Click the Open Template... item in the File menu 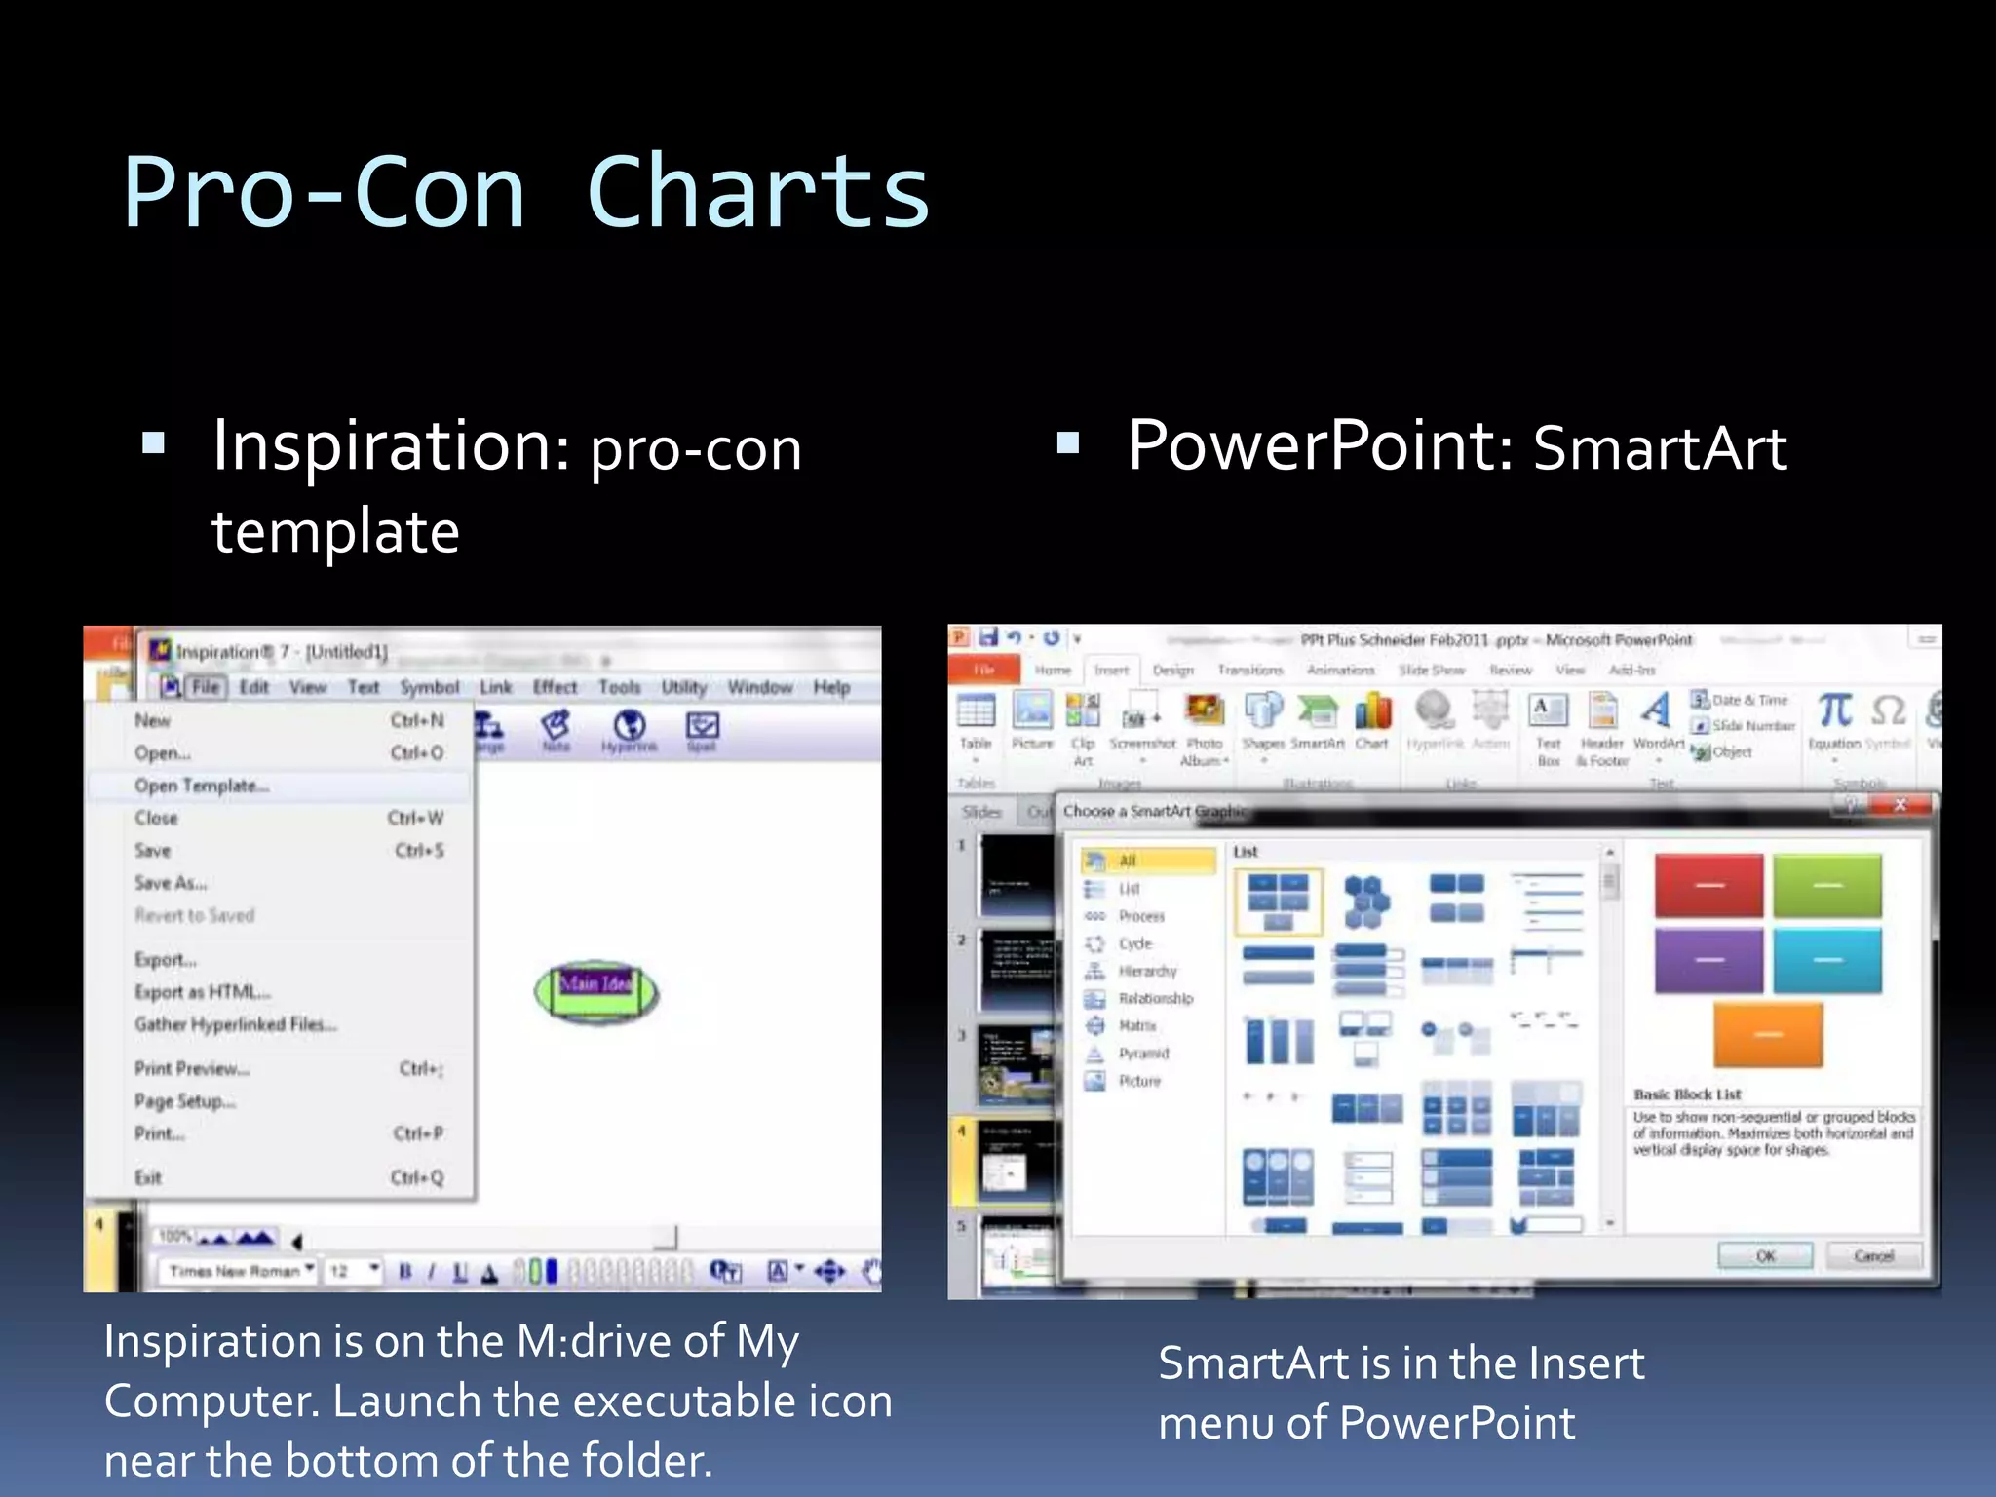[201, 786]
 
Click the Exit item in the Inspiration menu [148, 1177]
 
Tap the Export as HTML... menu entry [203, 992]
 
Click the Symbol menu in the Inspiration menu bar [429, 687]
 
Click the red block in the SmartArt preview [1708, 885]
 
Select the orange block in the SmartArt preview [1767, 1034]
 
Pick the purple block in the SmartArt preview [1708, 960]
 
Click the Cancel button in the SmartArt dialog [1873, 1255]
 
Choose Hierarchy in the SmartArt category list [1147, 971]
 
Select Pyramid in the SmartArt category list [1143, 1054]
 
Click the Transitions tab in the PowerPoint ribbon [1249, 670]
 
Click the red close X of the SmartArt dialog [1900, 805]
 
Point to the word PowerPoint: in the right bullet [1320, 446]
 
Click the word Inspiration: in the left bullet [391, 446]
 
